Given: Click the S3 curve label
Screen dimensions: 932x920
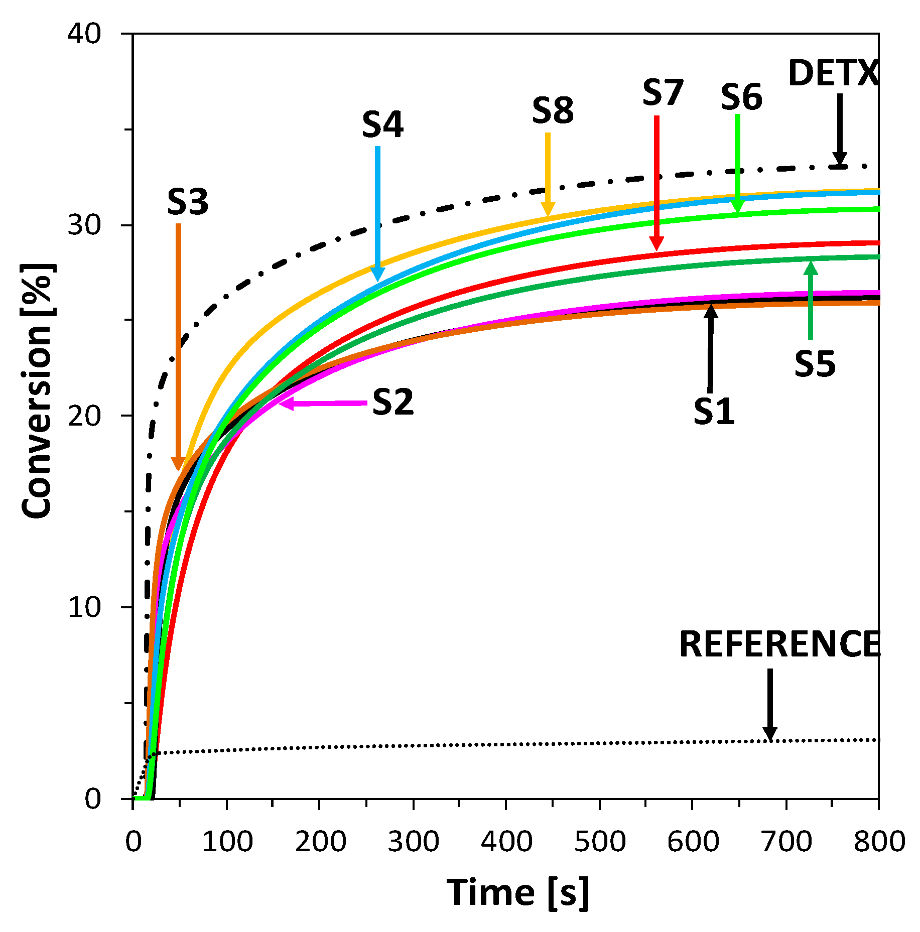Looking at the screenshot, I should pyautogui.click(x=188, y=202).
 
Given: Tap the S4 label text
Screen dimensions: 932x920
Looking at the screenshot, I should pyautogui.click(x=382, y=125).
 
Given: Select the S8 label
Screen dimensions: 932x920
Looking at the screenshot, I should pyautogui.click(x=553, y=111).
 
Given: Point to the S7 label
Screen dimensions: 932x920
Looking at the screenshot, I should pyautogui.click(x=663, y=93).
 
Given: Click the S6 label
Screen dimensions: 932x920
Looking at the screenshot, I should pyautogui.click(x=741, y=97).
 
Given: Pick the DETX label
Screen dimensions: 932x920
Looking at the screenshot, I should pyautogui.click(x=833, y=74).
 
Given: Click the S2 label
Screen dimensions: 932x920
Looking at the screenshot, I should pyautogui.click(x=393, y=402).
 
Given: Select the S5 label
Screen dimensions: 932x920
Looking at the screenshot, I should pyautogui.click(x=815, y=364).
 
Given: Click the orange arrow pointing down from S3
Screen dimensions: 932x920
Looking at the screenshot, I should pyautogui.click(x=178, y=346).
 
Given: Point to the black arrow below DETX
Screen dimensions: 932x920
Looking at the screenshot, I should pyautogui.click(x=840, y=130).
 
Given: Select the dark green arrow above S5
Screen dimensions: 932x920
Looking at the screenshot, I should pyautogui.click(x=811, y=301).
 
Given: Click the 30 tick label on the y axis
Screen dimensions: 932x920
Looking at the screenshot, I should pyautogui.click(x=84, y=225).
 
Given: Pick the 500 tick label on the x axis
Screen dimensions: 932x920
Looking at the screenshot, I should pyautogui.click(x=600, y=842).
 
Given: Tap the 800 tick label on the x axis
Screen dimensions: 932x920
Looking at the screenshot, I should pyautogui.click(x=879, y=842).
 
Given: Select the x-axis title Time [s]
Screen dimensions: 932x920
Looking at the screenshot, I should pyautogui.click(x=518, y=892).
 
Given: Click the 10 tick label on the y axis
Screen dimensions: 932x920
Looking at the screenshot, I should pyautogui.click(x=84, y=607).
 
